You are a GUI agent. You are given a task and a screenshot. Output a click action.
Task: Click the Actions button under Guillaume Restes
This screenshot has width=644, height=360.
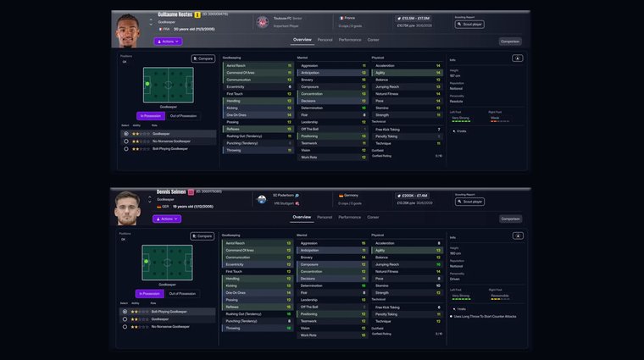(168, 41)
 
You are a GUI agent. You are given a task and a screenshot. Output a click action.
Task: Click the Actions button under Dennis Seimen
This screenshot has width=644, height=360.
(167, 219)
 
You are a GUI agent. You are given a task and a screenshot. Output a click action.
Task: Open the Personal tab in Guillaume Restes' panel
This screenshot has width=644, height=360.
(325, 40)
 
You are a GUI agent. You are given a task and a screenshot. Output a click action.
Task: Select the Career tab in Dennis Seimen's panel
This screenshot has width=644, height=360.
(373, 218)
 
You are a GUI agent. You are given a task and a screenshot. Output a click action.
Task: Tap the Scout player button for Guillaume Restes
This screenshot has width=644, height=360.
(470, 24)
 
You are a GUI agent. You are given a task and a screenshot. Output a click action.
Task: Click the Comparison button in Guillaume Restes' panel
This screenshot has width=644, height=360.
(510, 41)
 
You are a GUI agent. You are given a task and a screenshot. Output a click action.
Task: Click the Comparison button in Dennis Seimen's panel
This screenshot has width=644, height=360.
(510, 219)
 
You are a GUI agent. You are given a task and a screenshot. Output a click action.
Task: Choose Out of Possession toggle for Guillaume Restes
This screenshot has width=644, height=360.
(183, 115)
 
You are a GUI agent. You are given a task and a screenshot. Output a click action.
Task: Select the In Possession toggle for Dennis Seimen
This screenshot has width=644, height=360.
(151, 293)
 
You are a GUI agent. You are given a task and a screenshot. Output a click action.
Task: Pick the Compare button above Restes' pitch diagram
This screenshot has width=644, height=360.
(203, 58)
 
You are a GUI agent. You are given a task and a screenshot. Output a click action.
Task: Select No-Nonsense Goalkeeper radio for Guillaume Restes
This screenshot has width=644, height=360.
(126, 141)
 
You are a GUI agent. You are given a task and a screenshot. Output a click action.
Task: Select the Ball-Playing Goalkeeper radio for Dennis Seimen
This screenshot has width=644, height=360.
(126, 312)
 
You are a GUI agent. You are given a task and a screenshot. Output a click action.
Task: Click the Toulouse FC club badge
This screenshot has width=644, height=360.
(262, 20)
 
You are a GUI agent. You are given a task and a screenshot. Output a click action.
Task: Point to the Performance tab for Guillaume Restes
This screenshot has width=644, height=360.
(350, 40)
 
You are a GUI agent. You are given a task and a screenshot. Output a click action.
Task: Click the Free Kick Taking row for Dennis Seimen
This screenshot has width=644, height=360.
(406, 307)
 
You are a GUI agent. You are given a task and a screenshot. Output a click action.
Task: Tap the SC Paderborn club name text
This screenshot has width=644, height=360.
(283, 196)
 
